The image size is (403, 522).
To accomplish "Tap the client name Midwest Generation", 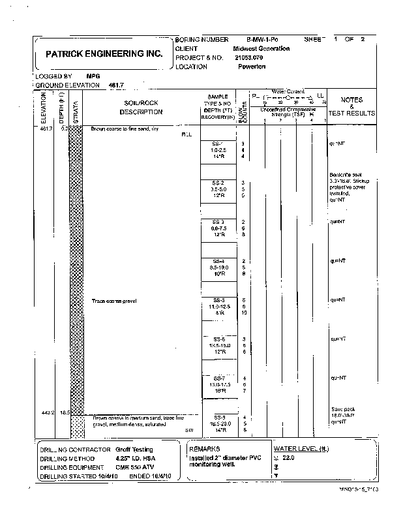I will click(x=261, y=49).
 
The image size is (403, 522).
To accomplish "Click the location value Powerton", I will click(x=252, y=67).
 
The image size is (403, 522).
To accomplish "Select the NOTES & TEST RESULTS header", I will click(x=351, y=106).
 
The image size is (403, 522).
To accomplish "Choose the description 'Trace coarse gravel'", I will click(x=114, y=301).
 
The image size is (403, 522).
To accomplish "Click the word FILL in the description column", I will click(x=187, y=135).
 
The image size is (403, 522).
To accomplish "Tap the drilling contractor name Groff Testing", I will click(x=135, y=450).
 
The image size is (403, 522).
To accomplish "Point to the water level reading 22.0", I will click(x=289, y=458).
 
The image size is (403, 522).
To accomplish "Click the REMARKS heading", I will click(x=205, y=450).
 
